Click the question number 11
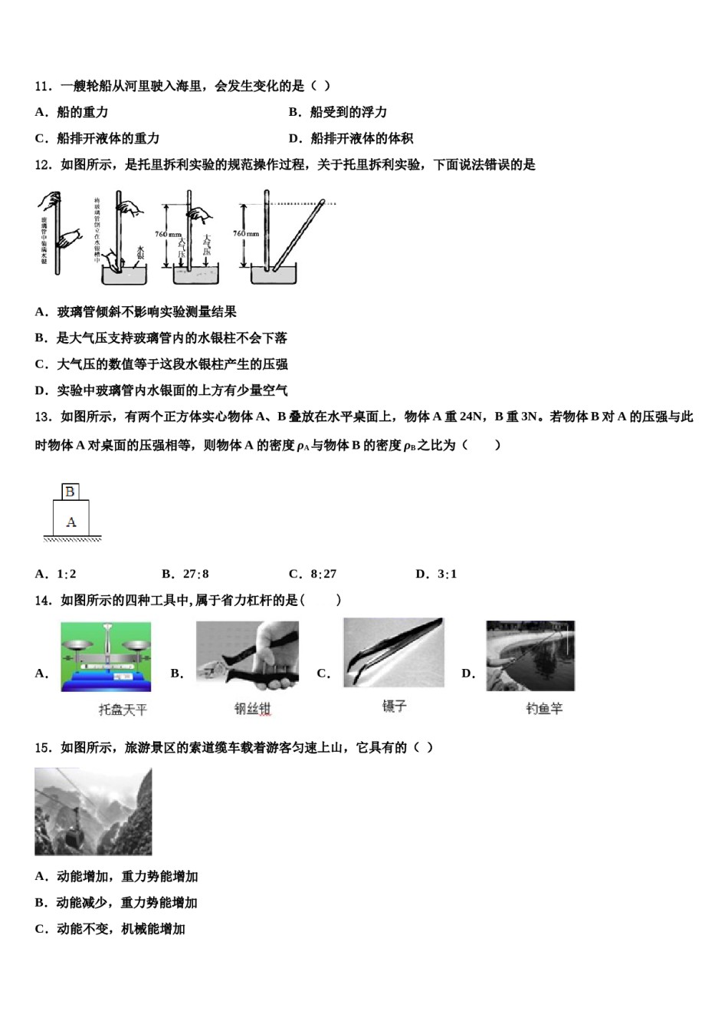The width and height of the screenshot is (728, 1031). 43,86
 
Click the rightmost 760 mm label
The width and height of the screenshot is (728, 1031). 246,233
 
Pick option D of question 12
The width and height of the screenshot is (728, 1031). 161,390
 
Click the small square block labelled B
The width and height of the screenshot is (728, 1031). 71,492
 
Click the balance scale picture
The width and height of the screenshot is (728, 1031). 107,657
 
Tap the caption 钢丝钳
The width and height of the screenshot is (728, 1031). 253,709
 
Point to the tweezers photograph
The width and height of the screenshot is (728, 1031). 393,652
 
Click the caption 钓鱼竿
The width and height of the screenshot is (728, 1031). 544,709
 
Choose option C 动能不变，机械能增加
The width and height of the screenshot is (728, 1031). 110,929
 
